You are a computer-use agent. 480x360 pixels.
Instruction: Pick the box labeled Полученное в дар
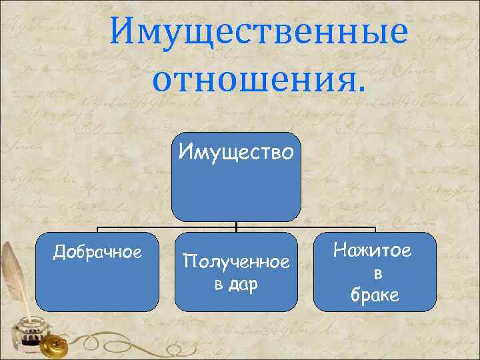236,293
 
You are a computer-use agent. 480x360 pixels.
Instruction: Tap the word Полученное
236,263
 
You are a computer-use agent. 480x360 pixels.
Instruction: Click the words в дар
236,285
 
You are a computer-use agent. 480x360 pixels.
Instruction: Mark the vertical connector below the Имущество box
237,227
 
